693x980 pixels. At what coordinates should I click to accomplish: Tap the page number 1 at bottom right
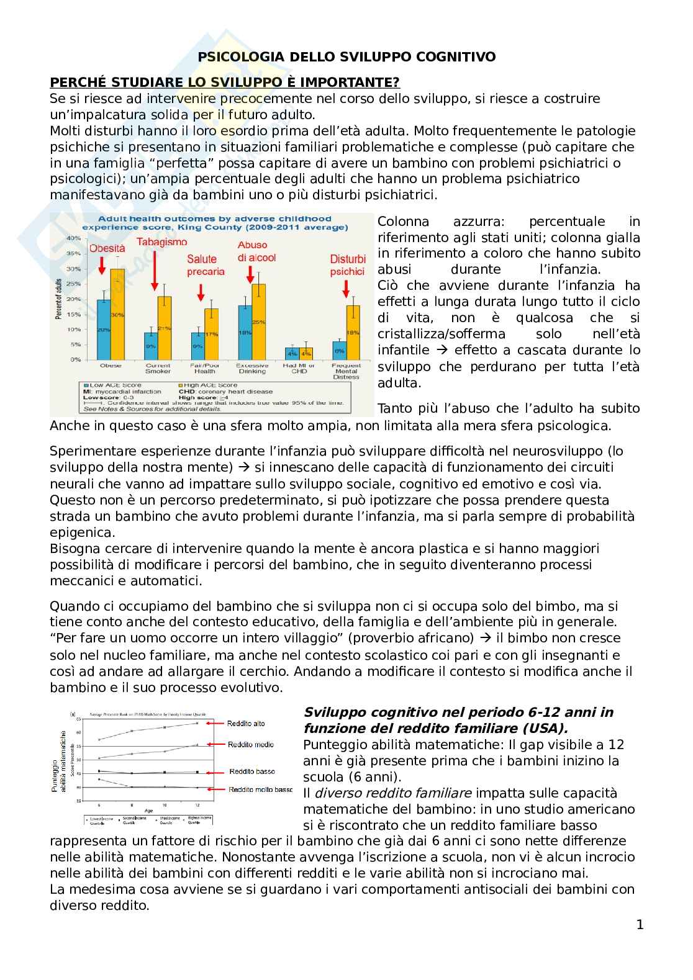click(x=640, y=925)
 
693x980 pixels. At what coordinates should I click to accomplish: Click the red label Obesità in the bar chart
click(x=107, y=248)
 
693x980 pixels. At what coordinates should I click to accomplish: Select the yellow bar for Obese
click(x=117, y=314)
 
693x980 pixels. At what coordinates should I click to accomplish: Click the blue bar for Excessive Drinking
click(x=245, y=332)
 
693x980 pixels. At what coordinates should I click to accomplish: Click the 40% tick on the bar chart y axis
click(x=73, y=238)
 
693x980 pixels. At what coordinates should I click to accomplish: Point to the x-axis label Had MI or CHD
click(x=299, y=368)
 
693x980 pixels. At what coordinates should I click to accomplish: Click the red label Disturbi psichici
click(x=347, y=265)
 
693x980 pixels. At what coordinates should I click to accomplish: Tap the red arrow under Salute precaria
click(x=201, y=292)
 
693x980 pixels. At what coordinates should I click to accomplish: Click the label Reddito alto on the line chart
click(x=246, y=724)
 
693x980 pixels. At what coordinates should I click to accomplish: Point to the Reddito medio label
click(x=251, y=745)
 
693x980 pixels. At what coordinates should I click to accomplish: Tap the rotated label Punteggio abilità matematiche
click(x=58, y=761)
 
